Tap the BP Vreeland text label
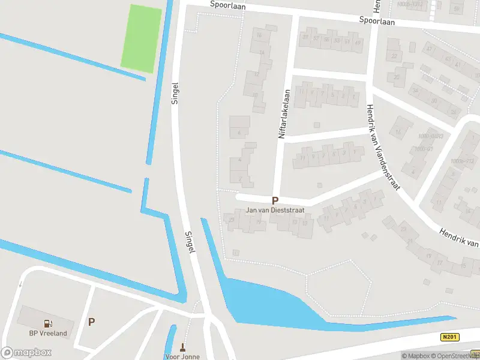[x=48, y=334]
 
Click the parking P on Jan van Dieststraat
[x=275, y=201]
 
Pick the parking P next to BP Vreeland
[x=92, y=322]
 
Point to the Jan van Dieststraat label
[x=275, y=211]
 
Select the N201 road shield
[x=449, y=337]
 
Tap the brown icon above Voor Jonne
[x=183, y=347]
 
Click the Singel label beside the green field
[x=175, y=94]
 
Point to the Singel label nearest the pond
[x=190, y=241]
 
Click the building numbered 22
[x=394, y=56]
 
